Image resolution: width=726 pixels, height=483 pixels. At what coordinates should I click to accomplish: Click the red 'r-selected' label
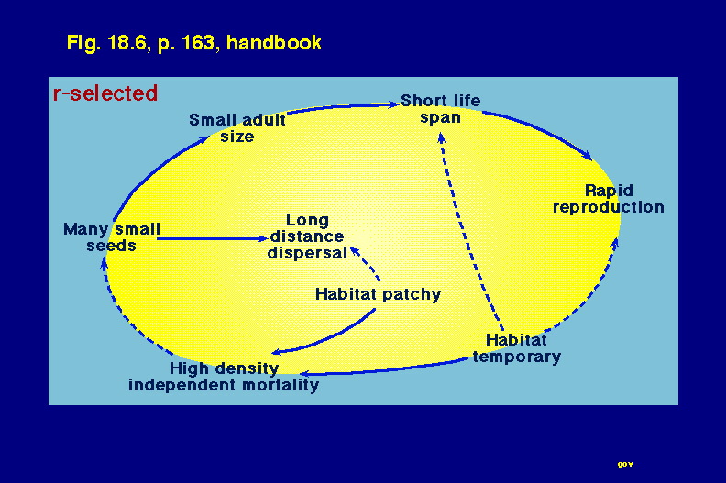105,93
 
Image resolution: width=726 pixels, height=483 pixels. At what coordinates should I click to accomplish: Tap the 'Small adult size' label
237,127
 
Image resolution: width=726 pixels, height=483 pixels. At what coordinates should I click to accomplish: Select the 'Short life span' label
440,109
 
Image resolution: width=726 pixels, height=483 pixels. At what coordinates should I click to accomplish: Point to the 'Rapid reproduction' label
609,199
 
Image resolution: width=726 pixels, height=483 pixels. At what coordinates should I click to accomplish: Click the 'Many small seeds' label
112,237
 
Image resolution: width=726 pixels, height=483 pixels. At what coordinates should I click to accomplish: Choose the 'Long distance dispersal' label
307,236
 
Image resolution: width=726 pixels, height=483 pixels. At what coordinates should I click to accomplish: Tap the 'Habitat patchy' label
378,294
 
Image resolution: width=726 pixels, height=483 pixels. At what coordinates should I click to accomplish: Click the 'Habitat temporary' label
516,348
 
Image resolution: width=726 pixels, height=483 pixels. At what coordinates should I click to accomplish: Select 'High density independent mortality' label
224,377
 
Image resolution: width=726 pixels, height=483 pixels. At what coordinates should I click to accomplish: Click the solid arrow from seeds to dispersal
212,238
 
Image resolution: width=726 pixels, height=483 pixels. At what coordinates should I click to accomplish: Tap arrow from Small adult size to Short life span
343,107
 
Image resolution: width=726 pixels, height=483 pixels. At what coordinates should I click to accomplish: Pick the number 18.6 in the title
126,42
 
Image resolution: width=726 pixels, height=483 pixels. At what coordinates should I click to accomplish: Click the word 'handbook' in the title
274,42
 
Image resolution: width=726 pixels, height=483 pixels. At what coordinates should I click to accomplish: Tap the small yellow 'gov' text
625,464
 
